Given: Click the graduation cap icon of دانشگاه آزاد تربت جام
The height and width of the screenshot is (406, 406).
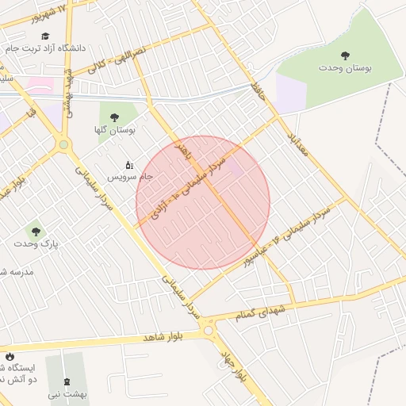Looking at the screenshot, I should [x=45, y=36].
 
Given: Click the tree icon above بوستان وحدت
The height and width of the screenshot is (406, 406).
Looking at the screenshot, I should [x=344, y=56].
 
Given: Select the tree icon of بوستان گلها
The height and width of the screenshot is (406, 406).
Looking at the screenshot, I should [x=114, y=117].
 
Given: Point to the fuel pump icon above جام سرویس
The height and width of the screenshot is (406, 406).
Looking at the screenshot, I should [x=129, y=165].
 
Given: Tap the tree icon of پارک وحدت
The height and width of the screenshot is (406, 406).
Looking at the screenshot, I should [x=35, y=232].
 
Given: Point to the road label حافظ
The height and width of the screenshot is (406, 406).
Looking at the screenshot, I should [x=256, y=90].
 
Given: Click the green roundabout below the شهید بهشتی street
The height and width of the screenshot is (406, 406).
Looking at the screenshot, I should [x=63, y=145].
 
